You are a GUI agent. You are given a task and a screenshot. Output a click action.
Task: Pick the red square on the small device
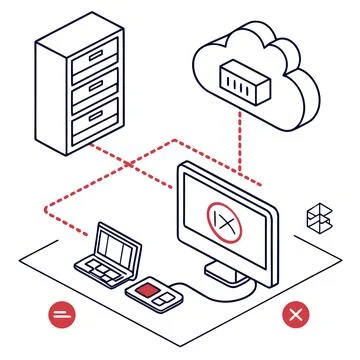tap(147, 290)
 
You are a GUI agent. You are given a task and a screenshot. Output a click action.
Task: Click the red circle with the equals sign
tap(61, 313)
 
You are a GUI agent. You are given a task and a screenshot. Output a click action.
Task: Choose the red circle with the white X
tap(296, 315)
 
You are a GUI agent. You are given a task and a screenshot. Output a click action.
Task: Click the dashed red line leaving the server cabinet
tap(130, 165)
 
